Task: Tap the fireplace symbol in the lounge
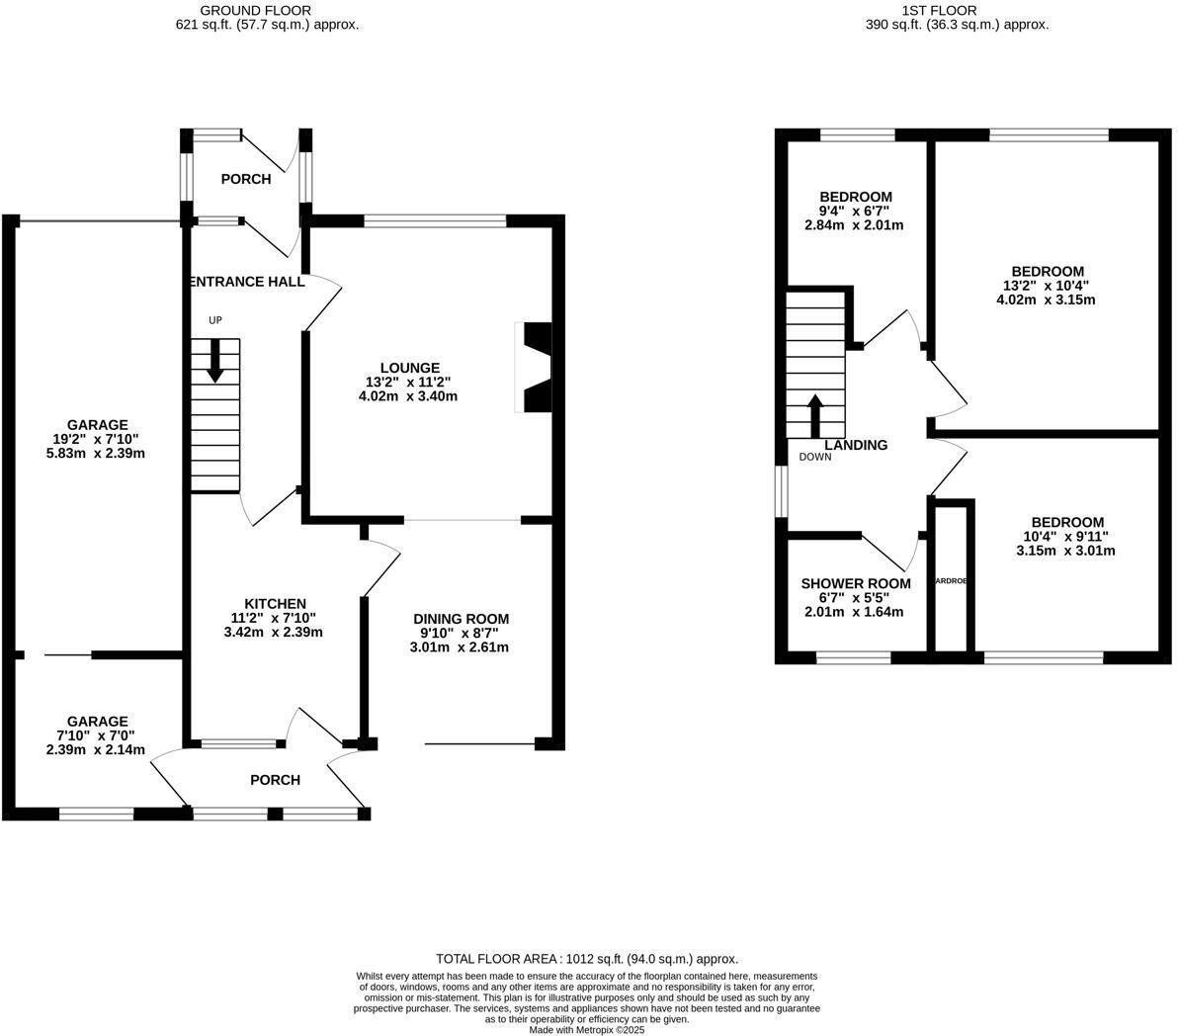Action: (535, 367)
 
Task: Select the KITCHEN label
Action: (275, 604)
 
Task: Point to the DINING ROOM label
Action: (461, 619)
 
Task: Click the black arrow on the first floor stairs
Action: (815, 416)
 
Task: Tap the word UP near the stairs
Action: (214, 320)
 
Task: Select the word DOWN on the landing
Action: (815, 457)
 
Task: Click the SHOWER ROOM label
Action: (855, 583)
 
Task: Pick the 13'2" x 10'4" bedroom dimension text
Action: (1047, 286)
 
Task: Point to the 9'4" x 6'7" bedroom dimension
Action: (855, 211)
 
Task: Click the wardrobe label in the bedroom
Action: (951, 581)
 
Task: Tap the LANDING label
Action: (856, 445)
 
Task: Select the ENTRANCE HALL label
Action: (246, 282)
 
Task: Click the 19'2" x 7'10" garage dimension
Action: (96, 440)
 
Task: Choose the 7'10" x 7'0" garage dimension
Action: (96, 735)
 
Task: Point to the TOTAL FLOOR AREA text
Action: (587, 959)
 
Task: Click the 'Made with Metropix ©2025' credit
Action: (587, 1029)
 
